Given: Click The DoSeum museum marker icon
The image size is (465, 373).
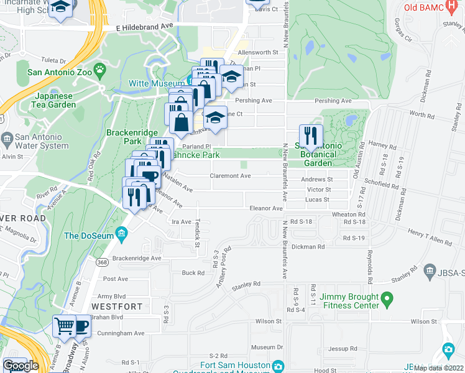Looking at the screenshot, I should [x=121, y=235].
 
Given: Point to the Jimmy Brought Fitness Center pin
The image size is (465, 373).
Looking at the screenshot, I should [x=387, y=300].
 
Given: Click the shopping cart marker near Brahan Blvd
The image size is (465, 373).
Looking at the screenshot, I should [x=63, y=326].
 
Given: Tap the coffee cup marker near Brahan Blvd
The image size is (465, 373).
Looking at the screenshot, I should [x=81, y=326].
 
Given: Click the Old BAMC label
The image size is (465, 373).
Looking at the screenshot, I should [x=423, y=7].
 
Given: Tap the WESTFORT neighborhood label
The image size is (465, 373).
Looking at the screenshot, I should [x=113, y=306].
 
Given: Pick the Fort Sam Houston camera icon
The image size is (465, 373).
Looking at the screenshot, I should [x=277, y=366].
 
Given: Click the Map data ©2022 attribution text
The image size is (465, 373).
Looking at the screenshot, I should [x=438, y=368].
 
